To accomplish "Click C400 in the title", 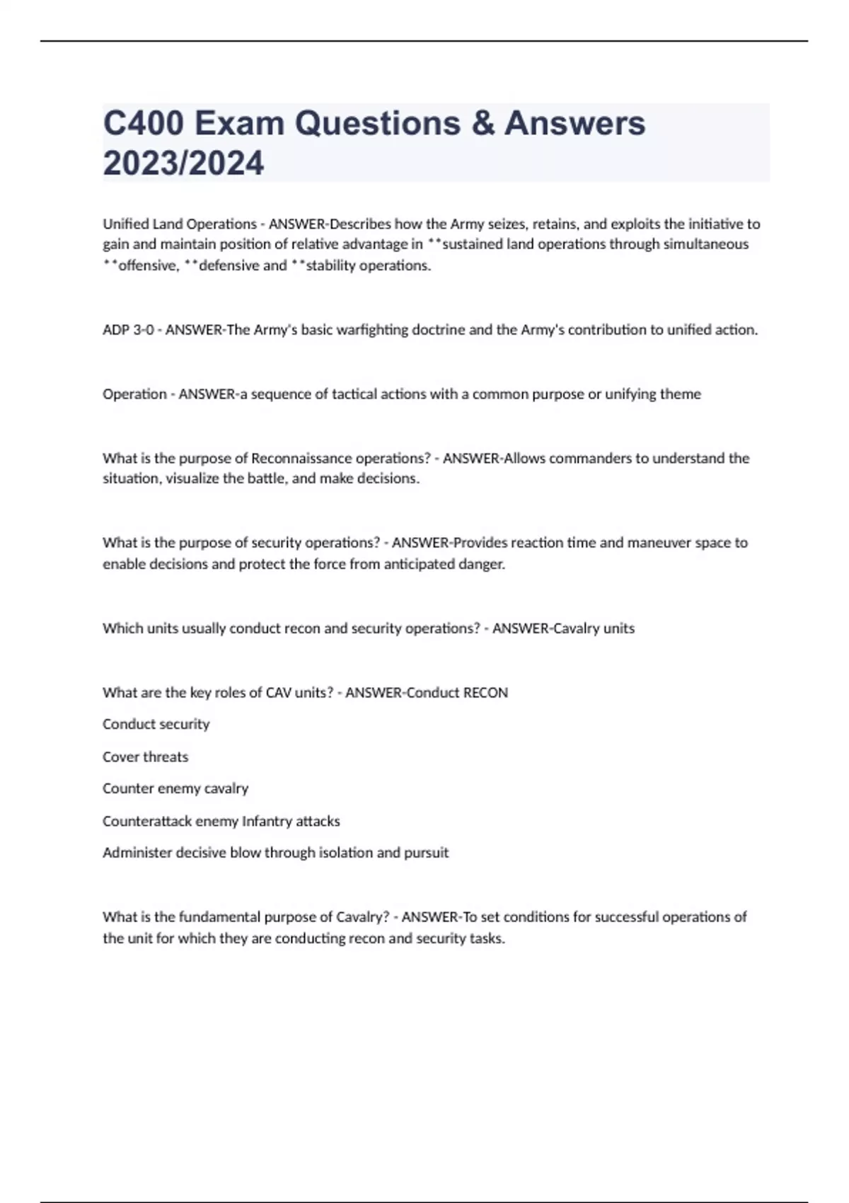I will click(144, 123).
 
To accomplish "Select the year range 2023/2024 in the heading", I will click(183, 163).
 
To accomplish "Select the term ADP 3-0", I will click(128, 330).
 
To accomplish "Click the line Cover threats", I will click(145, 757).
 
